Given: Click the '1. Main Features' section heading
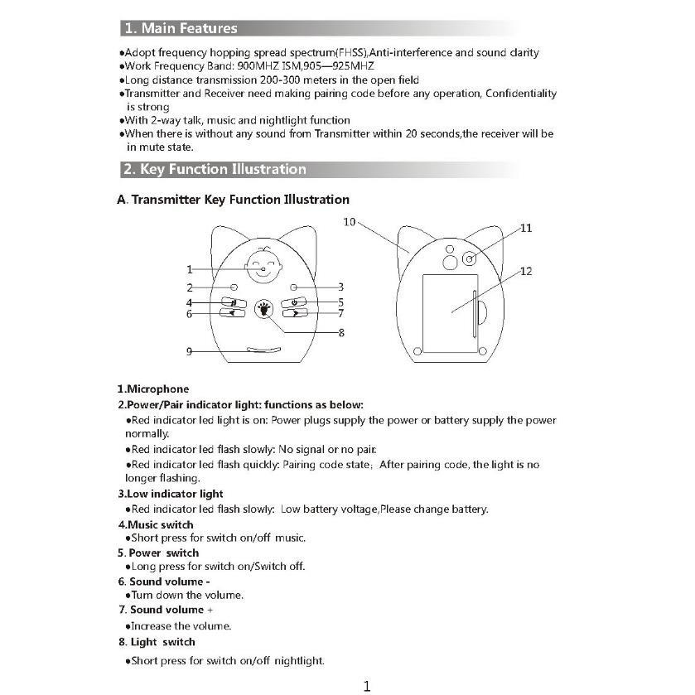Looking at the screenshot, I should point(180,28).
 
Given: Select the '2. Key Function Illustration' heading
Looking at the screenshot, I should point(214,169).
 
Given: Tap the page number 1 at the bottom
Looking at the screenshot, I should point(367,685).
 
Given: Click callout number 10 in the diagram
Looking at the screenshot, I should point(349,222).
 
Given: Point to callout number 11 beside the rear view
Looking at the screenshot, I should point(525,228).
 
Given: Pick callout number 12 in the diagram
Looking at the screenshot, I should point(526,271).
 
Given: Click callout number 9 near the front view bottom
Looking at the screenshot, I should point(189,351).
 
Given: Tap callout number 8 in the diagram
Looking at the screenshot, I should point(341,333).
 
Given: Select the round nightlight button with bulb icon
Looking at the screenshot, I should point(264,309).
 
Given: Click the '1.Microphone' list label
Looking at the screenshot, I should point(153,389).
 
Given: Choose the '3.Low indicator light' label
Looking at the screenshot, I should point(171,494).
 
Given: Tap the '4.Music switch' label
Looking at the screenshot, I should point(156,524).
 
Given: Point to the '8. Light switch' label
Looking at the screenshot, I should point(157,642).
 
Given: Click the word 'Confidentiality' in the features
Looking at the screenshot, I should point(520,94).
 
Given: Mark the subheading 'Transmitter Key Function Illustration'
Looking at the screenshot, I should point(240,200).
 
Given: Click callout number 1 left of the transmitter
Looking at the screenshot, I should point(189,269).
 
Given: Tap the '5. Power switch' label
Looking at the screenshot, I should point(158,553).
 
